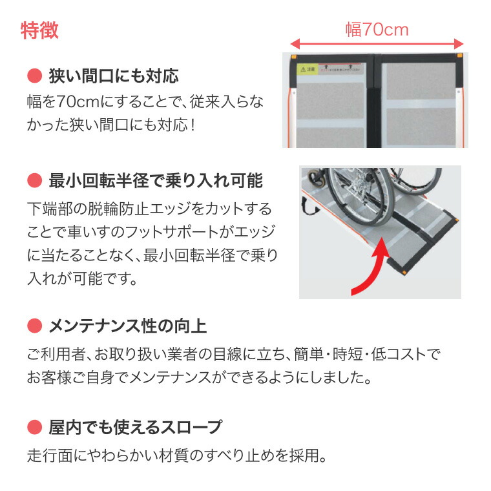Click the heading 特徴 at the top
click(x=40, y=30)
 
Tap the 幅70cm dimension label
click(x=377, y=30)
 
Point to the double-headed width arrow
click(x=377, y=44)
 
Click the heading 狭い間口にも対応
click(x=114, y=76)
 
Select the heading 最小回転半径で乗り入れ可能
click(x=156, y=181)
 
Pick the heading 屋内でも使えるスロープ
click(x=135, y=427)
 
